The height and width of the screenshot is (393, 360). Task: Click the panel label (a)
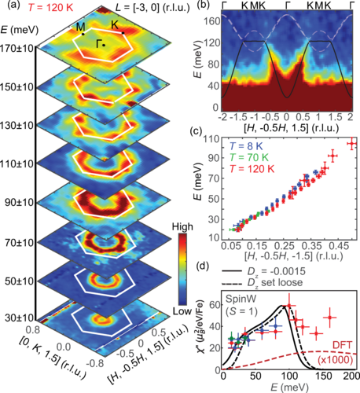point(11,8)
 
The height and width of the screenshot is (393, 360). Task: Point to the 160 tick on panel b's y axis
point(211,23)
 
